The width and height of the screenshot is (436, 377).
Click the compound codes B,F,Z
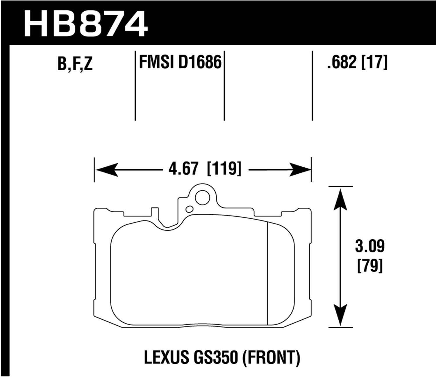pyautogui.click(x=75, y=64)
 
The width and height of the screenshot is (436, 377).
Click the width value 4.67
pyautogui.click(x=183, y=169)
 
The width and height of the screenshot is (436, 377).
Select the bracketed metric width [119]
pyautogui.click(x=224, y=169)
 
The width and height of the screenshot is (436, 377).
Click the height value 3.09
pyautogui.click(x=369, y=247)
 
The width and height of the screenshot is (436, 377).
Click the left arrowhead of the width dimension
pyautogui.click(x=106, y=170)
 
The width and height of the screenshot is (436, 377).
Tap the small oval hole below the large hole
pyautogui.click(x=190, y=209)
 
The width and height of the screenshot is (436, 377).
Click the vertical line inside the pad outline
pyautogui.click(x=267, y=273)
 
